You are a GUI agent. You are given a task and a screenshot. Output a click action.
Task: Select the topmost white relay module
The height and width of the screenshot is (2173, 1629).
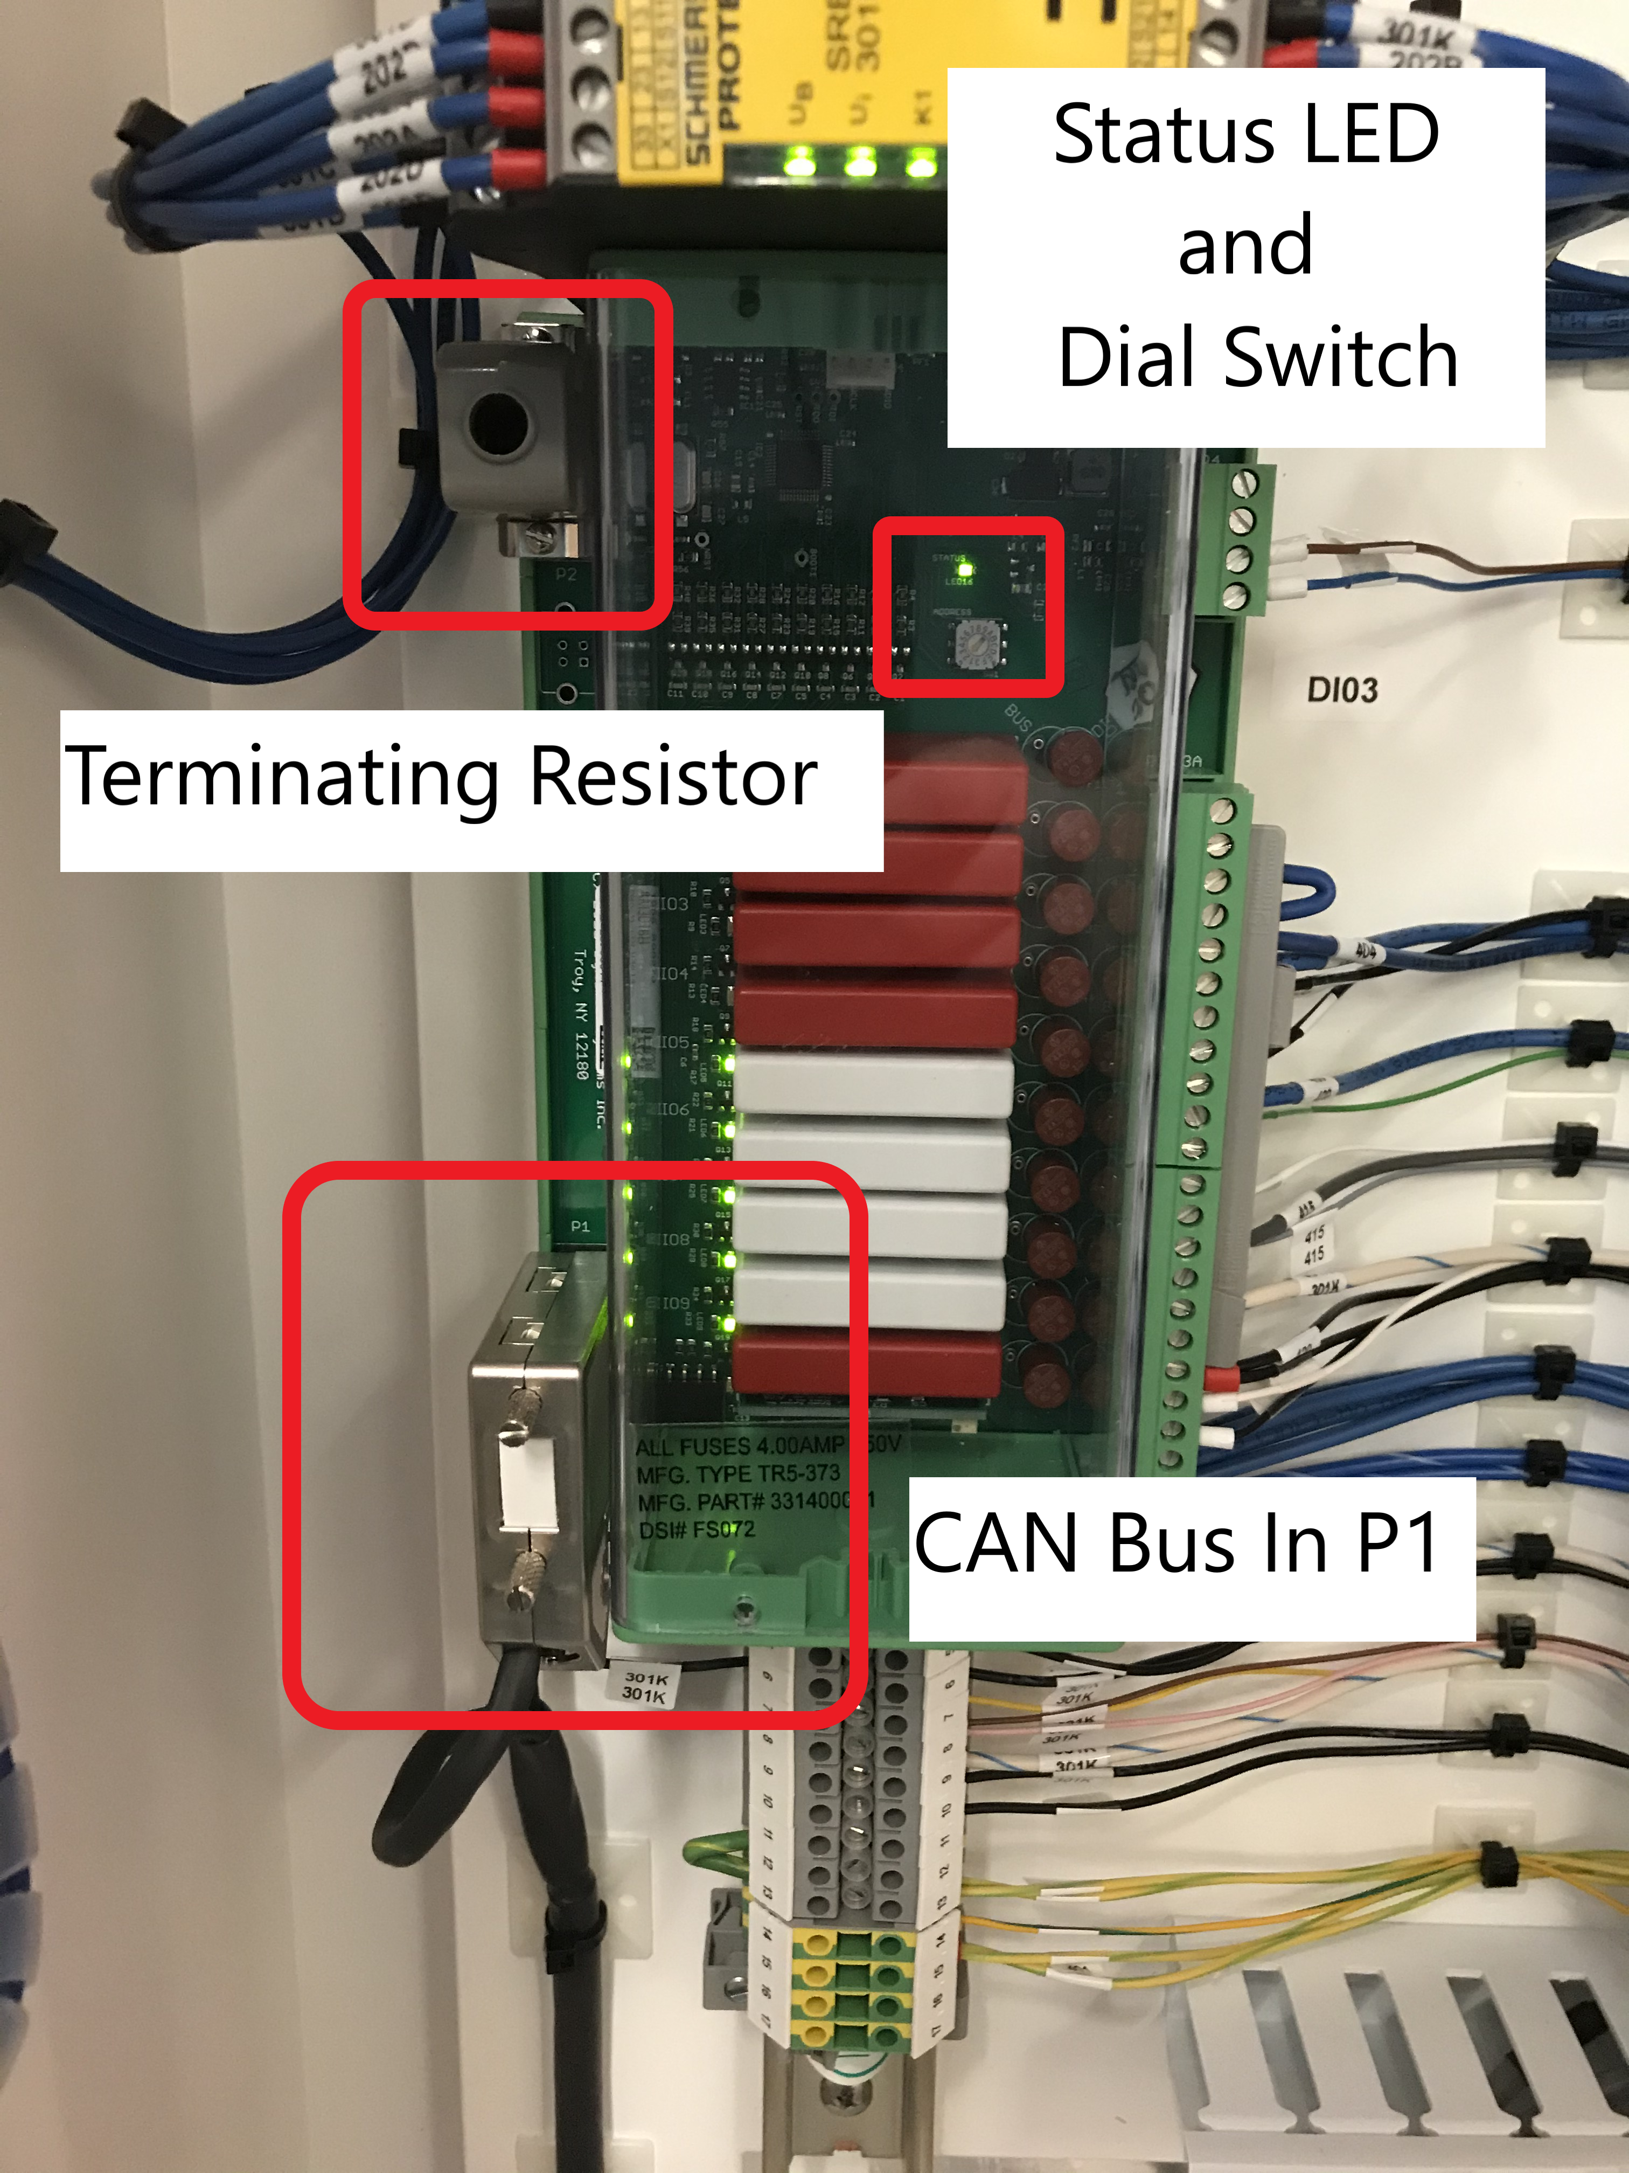pos(874,1084)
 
